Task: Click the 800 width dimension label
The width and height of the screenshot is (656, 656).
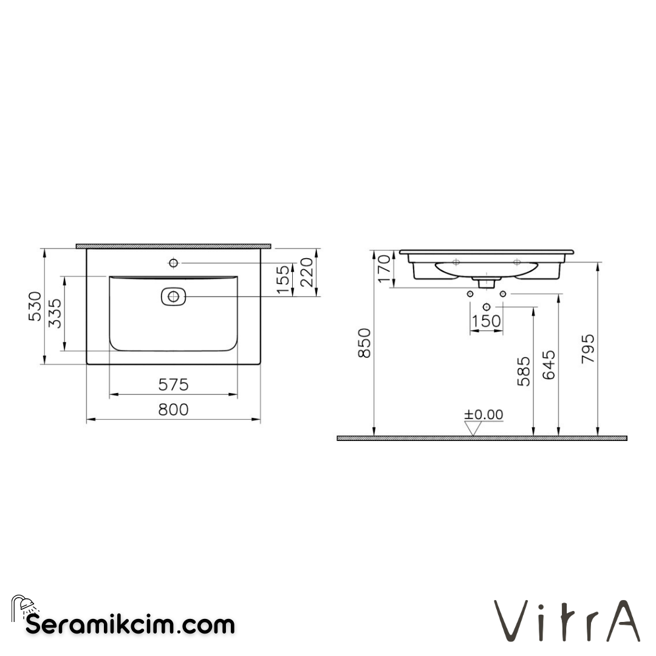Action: [174, 410]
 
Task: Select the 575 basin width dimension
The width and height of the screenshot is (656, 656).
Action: [174, 385]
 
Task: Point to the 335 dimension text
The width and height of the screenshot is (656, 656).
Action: [55, 313]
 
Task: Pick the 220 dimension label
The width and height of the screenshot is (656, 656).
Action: [307, 273]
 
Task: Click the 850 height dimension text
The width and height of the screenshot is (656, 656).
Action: [364, 343]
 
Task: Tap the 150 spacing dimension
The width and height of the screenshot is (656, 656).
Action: [487, 321]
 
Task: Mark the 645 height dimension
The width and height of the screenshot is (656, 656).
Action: [548, 364]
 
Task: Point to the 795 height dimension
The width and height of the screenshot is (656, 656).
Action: [587, 349]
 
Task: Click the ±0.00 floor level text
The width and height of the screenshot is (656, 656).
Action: [483, 415]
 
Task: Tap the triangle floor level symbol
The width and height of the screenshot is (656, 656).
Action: [473, 428]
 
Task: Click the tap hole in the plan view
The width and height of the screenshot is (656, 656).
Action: [174, 263]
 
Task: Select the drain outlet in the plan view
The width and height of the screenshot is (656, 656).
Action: [174, 296]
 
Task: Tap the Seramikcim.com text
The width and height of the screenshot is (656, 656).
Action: [130, 624]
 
